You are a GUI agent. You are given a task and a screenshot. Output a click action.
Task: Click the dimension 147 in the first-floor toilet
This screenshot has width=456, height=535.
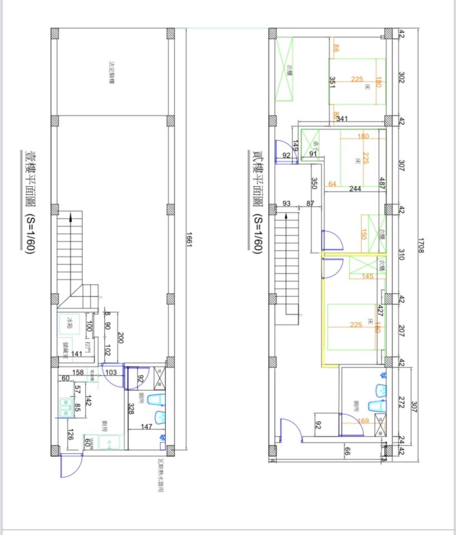pos(146,426)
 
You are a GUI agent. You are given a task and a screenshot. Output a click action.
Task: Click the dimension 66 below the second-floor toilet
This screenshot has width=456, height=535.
pos(346,452)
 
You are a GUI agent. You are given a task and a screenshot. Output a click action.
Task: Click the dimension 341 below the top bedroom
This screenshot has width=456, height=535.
pos(342,119)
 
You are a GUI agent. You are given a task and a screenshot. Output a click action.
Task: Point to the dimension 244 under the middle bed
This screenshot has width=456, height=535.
pos(355,189)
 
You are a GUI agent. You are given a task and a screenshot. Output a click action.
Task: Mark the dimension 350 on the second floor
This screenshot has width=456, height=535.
pos(314,183)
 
